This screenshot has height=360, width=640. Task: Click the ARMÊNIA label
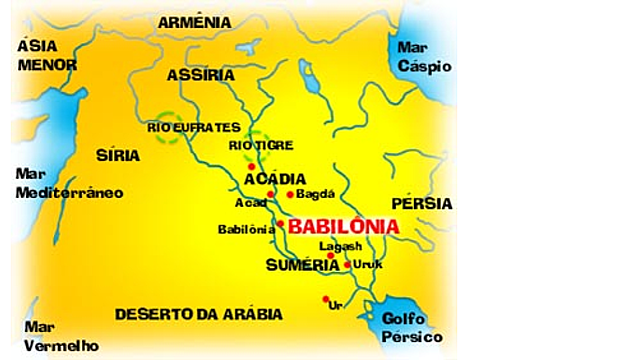point(194,22)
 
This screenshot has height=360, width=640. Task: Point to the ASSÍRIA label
point(201,75)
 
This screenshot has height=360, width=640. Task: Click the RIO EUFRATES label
point(194,128)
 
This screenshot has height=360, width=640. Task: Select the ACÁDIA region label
point(274,178)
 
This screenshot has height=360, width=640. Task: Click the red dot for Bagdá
point(290,194)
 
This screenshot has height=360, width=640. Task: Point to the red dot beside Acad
point(271,194)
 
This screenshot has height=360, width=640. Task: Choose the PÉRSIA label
point(421,203)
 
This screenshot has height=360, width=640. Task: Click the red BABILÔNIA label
point(344,227)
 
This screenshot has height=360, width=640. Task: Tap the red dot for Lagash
point(330,256)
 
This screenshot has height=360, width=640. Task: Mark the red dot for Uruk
point(347,265)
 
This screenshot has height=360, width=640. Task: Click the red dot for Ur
point(326,299)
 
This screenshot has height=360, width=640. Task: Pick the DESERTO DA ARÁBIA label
point(198,314)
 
